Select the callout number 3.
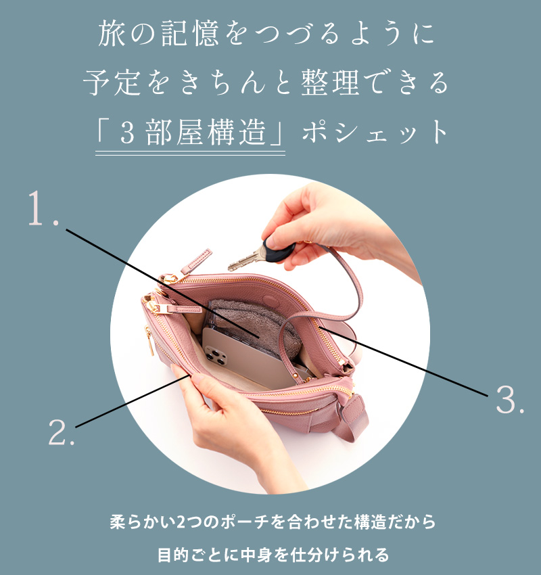(x=510, y=399)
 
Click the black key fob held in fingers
(x=279, y=250)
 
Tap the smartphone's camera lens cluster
(x=215, y=355)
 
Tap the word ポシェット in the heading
(x=375, y=132)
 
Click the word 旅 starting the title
(x=112, y=34)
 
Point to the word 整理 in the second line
(x=330, y=83)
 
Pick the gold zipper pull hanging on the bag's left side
(x=149, y=341)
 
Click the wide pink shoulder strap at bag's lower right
(x=354, y=418)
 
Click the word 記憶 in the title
(x=190, y=34)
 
